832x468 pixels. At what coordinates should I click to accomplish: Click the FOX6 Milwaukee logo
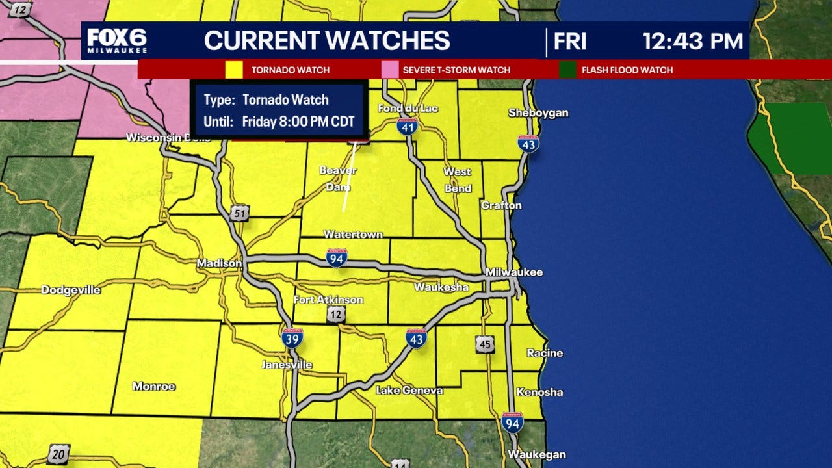click(117, 41)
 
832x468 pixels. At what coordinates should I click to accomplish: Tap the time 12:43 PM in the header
click(693, 41)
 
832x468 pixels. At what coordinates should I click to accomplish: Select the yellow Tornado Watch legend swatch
click(234, 70)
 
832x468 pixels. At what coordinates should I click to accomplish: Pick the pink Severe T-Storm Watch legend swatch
click(389, 70)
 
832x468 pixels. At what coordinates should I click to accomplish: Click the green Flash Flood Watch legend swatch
click(567, 70)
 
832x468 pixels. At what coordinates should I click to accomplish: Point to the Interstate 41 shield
click(407, 127)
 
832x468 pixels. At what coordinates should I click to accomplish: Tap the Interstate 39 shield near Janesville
click(292, 338)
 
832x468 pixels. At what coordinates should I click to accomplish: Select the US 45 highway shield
click(484, 344)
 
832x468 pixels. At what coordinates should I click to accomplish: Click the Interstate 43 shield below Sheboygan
click(528, 144)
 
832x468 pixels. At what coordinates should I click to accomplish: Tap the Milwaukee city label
click(514, 272)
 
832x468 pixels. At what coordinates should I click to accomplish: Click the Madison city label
click(220, 263)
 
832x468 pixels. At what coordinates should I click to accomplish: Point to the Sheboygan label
click(538, 113)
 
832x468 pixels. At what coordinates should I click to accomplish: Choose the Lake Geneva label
click(409, 391)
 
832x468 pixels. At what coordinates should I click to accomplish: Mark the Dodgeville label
click(71, 290)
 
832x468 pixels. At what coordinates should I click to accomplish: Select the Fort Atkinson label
click(328, 300)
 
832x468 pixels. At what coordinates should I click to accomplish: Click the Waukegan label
click(537, 454)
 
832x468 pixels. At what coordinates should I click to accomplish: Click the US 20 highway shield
click(58, 454)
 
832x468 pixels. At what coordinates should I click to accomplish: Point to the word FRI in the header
click(570, 41)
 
